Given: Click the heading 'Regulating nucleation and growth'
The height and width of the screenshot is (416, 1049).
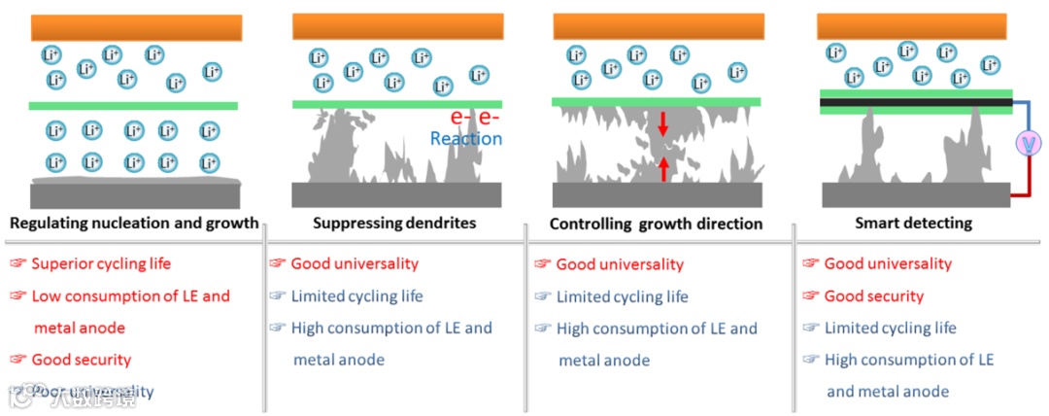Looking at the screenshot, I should (134, 224).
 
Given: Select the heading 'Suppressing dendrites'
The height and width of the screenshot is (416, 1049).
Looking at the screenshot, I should (394, 224).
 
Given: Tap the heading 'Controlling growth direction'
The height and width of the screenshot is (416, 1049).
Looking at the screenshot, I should (656, 224).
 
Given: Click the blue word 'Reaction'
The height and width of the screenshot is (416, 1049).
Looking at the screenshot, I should (466, 139).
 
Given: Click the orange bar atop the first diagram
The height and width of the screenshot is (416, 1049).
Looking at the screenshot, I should (135, 27).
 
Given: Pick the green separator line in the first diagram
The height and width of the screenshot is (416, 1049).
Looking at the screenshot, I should (133, 105).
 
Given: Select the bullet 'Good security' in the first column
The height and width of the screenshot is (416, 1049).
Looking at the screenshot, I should (81, 360).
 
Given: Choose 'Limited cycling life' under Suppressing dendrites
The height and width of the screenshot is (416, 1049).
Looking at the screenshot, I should (356, 295).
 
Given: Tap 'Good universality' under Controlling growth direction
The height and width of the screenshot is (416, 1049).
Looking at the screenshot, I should (620, 264).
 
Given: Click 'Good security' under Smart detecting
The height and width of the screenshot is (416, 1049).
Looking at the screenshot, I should (873, 295).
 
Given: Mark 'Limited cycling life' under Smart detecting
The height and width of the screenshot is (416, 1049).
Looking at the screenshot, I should (890, 328).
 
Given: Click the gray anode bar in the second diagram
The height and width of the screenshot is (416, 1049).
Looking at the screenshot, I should (396, 194).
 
